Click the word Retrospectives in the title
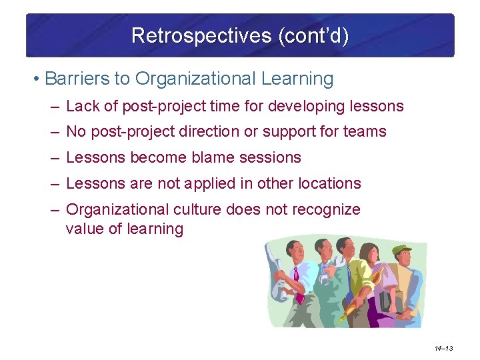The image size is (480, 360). point(181,35)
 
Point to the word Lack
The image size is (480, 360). point(82,106)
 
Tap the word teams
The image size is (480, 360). point(365,132)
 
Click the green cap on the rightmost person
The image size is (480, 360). point(402,250)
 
